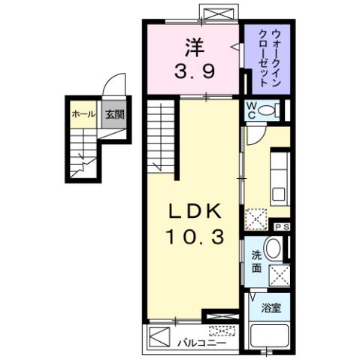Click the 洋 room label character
193,47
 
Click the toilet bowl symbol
274,111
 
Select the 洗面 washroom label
256,259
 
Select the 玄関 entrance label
113,114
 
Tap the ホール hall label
83,114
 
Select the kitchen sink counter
279,177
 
